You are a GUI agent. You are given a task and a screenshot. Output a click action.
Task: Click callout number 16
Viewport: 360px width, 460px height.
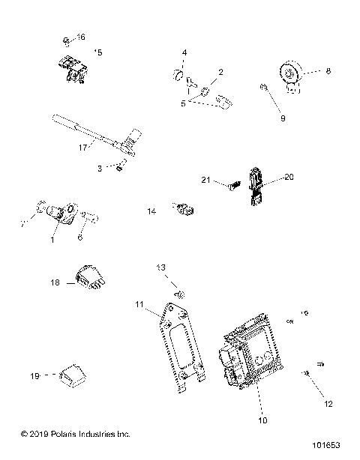tap(81, 37)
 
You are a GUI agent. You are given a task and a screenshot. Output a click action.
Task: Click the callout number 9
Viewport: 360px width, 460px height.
tap(282, 118)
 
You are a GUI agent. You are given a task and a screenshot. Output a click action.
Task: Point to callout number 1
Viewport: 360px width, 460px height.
tap(52, 240)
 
